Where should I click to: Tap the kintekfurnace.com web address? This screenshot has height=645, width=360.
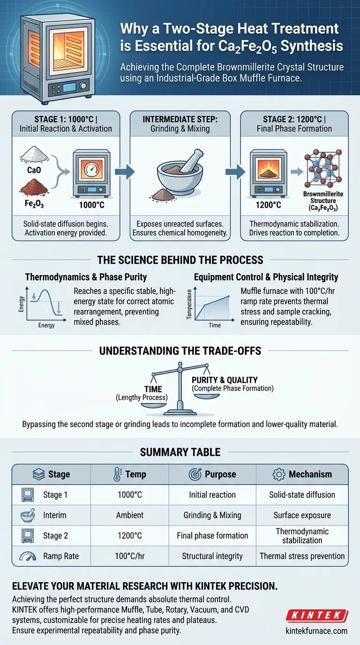tap(316, 630)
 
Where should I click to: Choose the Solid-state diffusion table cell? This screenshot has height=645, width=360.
tap(302, 495)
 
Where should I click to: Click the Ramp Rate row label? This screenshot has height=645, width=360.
tap(61, 556)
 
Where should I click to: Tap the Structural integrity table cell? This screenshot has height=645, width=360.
tap(212, 556)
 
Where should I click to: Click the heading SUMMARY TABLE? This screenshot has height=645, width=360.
tap(180, 452)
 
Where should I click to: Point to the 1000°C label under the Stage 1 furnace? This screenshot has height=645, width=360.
tap(92, 205)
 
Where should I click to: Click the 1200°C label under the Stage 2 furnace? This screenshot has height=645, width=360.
tap(269, 205)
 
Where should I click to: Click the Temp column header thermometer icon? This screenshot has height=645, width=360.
tap(117, 474)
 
